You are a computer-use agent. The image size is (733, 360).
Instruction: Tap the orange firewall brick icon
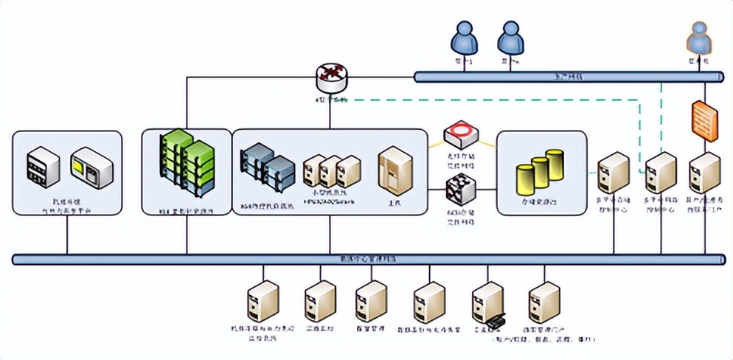[704, 121]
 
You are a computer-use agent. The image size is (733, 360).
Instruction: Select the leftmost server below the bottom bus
[263, 302]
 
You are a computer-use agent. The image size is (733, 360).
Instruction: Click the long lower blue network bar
[369, 260]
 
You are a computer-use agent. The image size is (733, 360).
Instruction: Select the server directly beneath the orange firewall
[704, 174]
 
